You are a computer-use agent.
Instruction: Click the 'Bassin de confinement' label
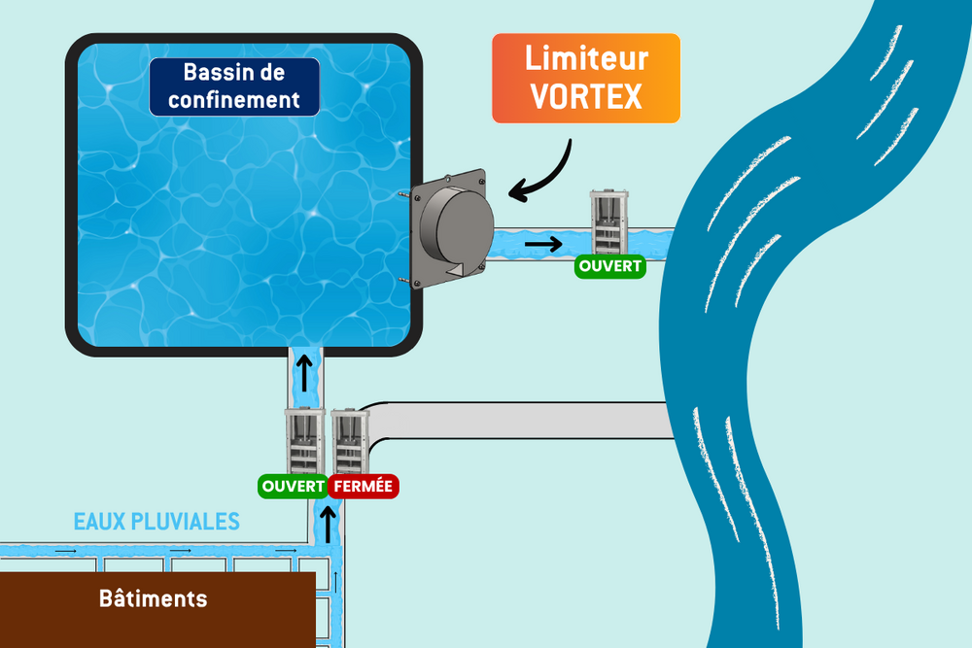coord(234,86)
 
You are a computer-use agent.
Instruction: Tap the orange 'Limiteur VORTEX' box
coord(586,78)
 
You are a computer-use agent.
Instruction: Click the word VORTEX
coord(586,96)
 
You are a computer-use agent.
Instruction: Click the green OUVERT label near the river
coord(610,266)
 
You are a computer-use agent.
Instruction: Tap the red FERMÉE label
coord(364,487)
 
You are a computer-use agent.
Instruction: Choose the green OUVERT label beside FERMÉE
coord(293,487)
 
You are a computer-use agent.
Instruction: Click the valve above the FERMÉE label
coord(350,441)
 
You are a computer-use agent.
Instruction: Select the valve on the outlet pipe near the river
coord(608,222)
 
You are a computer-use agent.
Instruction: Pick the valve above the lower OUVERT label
coord(304,441)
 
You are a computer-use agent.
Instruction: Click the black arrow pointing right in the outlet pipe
coord(543,244)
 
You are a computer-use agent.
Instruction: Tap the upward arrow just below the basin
coord(303,373)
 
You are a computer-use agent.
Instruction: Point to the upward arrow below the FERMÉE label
coord(328,525)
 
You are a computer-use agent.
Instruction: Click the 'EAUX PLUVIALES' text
coord(156,522)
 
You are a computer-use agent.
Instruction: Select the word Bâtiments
coord(154,598)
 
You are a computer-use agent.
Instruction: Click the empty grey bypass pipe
coord(521,421)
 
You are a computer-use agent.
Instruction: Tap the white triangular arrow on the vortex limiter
coord(456,269)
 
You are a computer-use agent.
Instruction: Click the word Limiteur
coord(586,58)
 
